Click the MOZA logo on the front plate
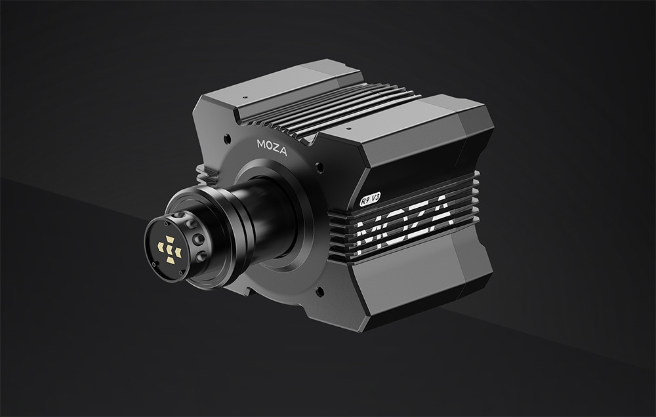tap(272, 148)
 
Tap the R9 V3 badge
tap(370, 198)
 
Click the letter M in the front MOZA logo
tap(261, 144)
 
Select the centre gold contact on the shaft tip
tap(170, 250)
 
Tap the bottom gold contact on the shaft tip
tap(171, 260)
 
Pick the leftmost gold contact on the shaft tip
tap(161, 247)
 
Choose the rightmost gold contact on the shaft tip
tap(178, 252)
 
